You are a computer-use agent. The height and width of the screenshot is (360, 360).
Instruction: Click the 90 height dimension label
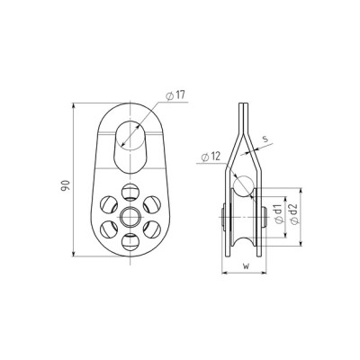click(x=66, y=185)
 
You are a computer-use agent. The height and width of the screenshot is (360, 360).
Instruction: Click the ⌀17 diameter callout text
click(x=175, y=96)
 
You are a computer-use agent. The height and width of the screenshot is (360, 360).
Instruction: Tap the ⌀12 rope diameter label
click(x=211, y=157)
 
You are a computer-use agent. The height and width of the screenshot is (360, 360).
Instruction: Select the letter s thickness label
click(x=265, y=139)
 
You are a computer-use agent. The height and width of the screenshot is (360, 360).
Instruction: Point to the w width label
click(x=246, y=265)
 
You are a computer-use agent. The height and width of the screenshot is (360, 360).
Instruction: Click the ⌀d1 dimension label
click(x=279, y=214)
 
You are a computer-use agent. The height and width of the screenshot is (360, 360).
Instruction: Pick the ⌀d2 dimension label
click(x=294, y=213)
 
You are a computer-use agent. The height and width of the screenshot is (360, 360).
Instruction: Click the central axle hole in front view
click(x=130, y=216)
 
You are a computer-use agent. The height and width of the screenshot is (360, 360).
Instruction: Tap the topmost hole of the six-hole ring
click(x=130, y=192)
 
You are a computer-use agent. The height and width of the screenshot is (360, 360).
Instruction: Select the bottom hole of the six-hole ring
click(x=130, y=241)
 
